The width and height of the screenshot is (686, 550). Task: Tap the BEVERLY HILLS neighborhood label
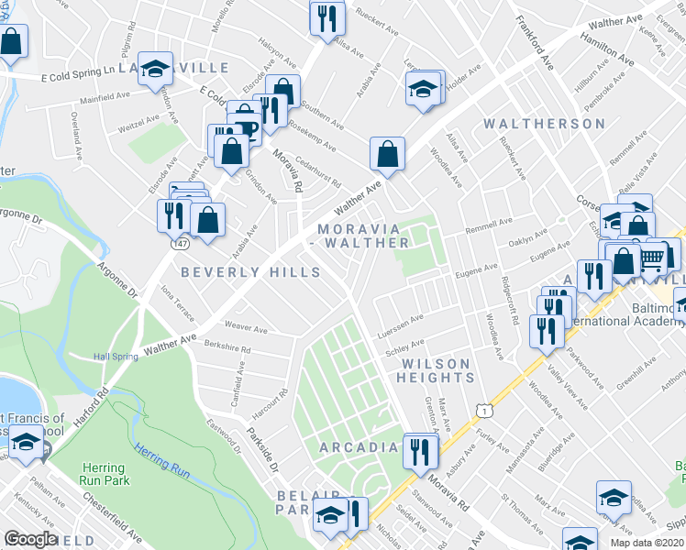coord(250,272)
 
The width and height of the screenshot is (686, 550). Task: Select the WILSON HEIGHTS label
coord(437,370)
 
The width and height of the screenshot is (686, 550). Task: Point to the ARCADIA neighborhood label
coord(359,447)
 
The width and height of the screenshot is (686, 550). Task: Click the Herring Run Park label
coord(104,474)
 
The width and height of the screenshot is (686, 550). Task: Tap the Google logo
coord(30,539)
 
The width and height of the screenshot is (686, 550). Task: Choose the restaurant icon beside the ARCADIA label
coord(420,451)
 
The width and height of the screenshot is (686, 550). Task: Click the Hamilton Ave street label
coord(606,49)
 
